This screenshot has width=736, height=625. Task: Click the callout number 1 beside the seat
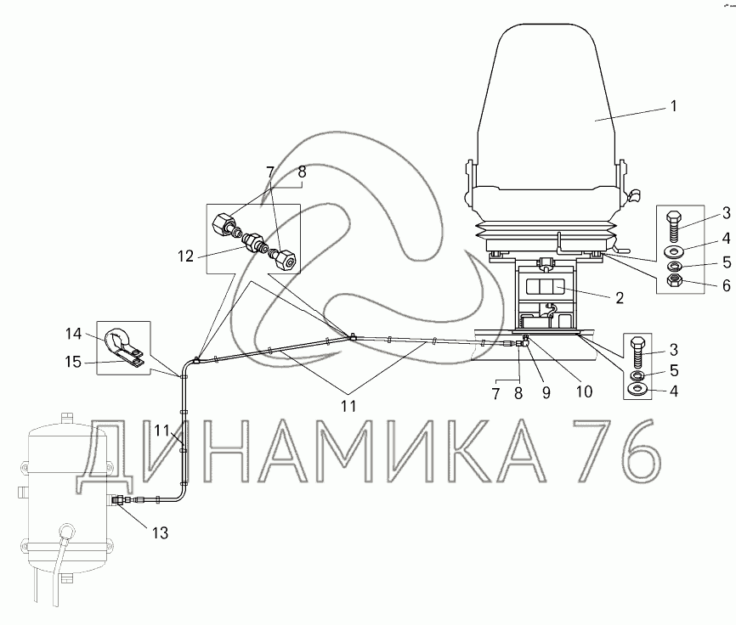point(674,106)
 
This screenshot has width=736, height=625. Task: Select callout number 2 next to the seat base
point(619,298)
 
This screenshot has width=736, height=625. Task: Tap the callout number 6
point(726,285)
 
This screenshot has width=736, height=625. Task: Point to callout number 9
point(546,393)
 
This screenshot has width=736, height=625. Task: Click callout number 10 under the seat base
point(584,391)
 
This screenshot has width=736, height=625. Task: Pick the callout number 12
point(186,256)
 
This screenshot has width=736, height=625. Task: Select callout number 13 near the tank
point(160,532)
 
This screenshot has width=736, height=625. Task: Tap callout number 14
point(74,334)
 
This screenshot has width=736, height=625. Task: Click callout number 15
point(73,362)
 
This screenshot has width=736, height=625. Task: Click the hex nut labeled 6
point(674,281)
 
